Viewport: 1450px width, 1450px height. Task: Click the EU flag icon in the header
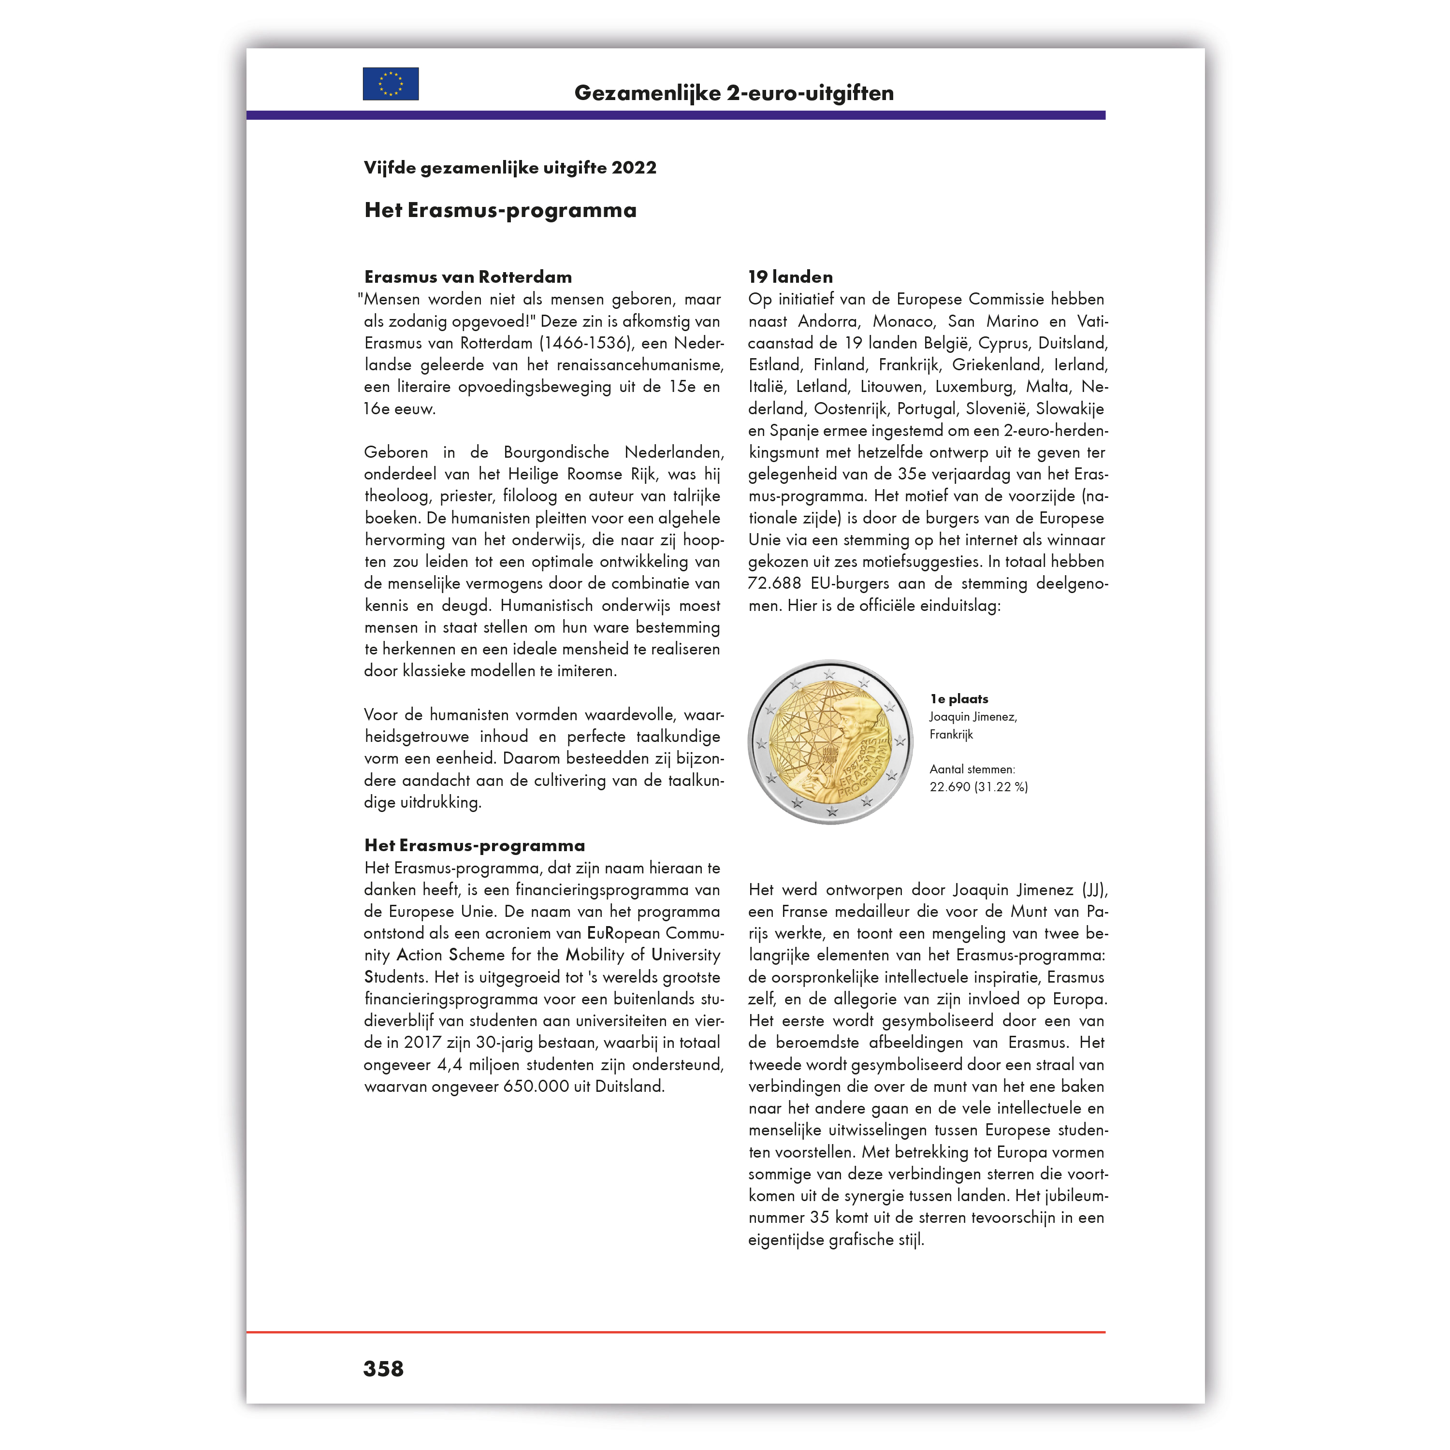[x=390, y=84]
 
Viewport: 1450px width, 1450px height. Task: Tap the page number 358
[x=383, y=1368]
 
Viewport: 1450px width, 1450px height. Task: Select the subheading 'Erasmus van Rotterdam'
[x=467, y=277]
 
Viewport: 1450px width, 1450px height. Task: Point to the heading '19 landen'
[x=790, y=277]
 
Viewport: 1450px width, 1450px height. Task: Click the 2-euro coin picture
[x=830, y=742]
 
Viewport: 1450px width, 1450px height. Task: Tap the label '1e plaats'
[x=958, y=699]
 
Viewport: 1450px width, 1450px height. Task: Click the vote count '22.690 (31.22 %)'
[x=978, y=786]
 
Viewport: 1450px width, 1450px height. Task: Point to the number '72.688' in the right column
[x=774, y=584]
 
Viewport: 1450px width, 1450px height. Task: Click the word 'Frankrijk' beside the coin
[x=951, y=734]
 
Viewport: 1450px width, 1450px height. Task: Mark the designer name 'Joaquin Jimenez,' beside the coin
[x=972, y=717]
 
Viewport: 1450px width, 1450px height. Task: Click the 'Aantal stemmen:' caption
[x=972, y=769]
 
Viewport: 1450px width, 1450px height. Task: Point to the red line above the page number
[x=676, y=1332]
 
